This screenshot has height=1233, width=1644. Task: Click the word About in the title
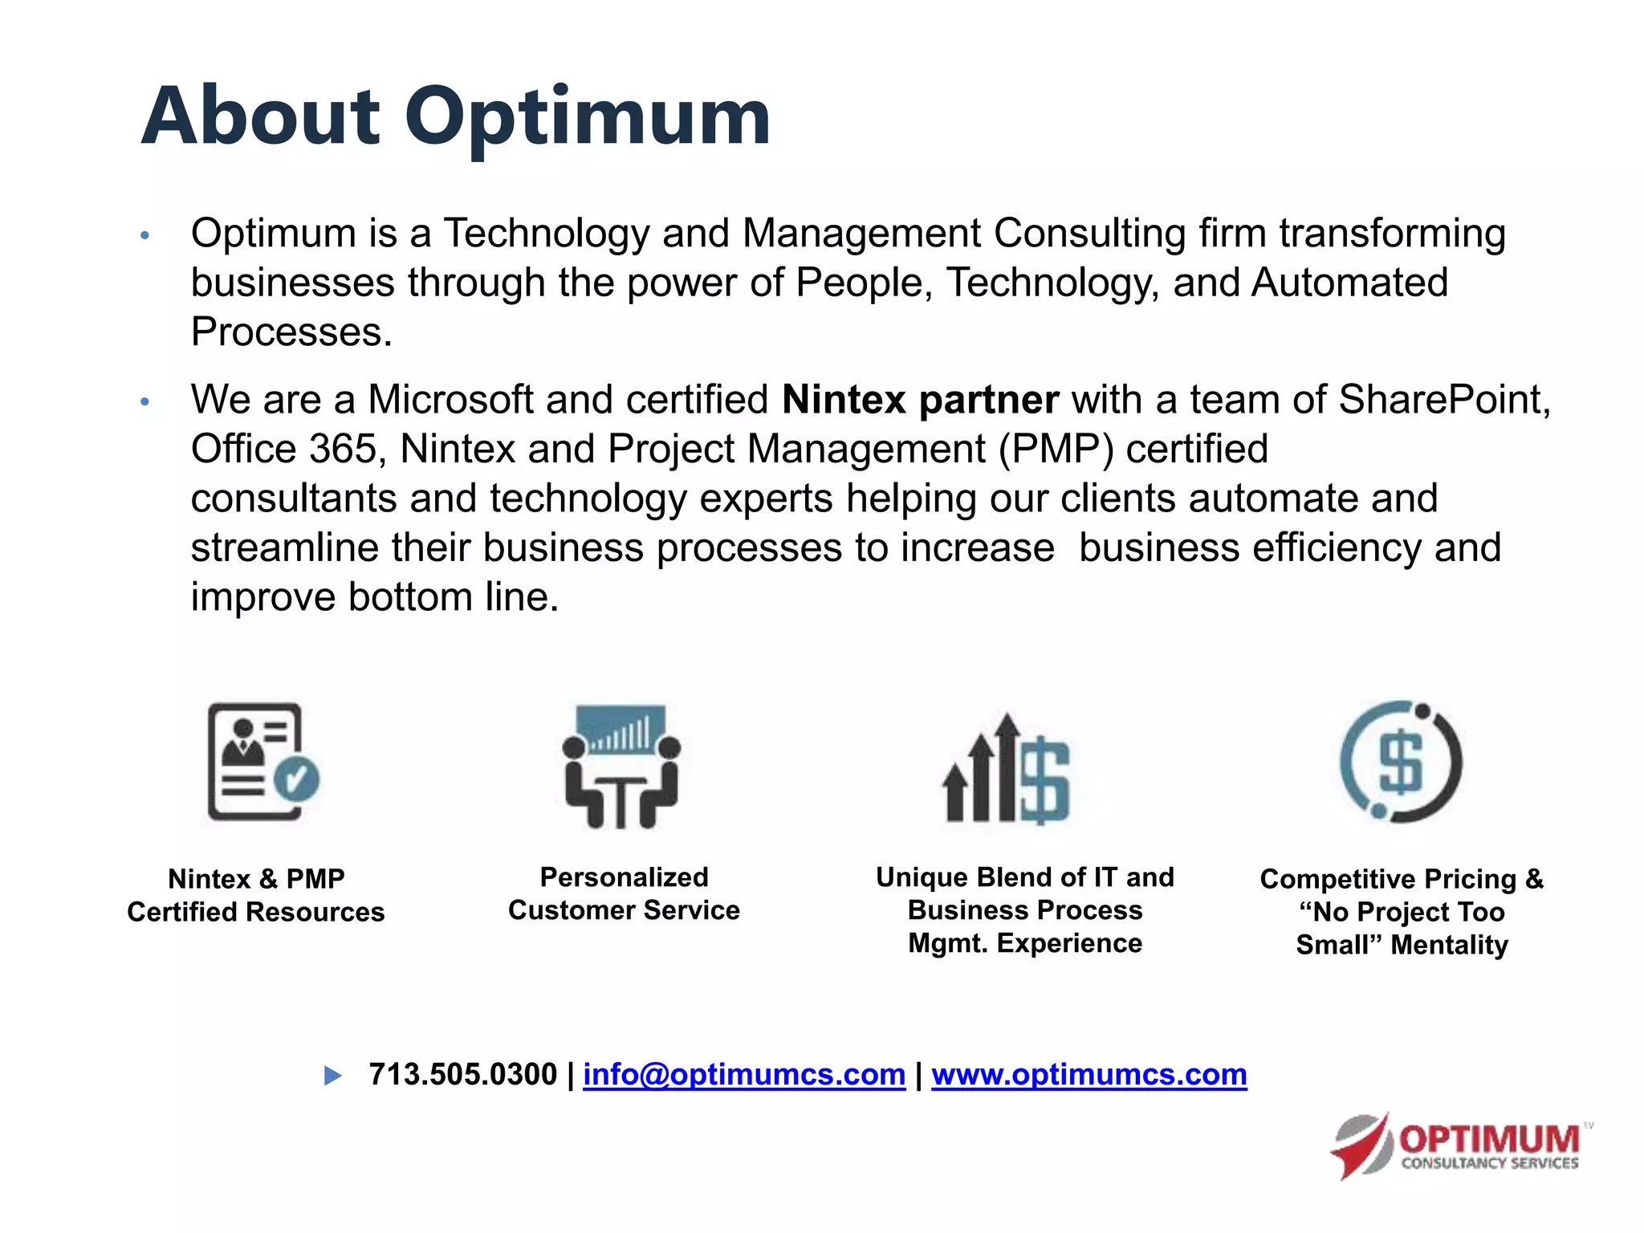click(x=260, y=117)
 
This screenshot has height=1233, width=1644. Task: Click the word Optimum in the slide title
click(x=587, y=119)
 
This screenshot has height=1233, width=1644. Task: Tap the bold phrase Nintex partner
click(x=920, y=400)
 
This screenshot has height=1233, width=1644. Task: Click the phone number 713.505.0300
click(x=463, y=1074)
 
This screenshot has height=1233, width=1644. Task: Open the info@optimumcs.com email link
click(x=743, y=1074)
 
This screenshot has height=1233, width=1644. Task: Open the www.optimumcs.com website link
click(x=1089, y=1074)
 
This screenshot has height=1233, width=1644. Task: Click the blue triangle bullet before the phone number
click(x=332, y=1076)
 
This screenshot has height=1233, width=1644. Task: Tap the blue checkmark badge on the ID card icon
click(x=296, y=779)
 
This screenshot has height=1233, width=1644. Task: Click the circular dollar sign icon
click(x=1401, y=762)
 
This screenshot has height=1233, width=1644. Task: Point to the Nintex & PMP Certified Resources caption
click(x=256, y=895)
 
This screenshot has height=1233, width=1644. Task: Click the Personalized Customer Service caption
click(x=624, y=893)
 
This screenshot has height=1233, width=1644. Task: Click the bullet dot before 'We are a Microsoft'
click(x=144, y=401)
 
